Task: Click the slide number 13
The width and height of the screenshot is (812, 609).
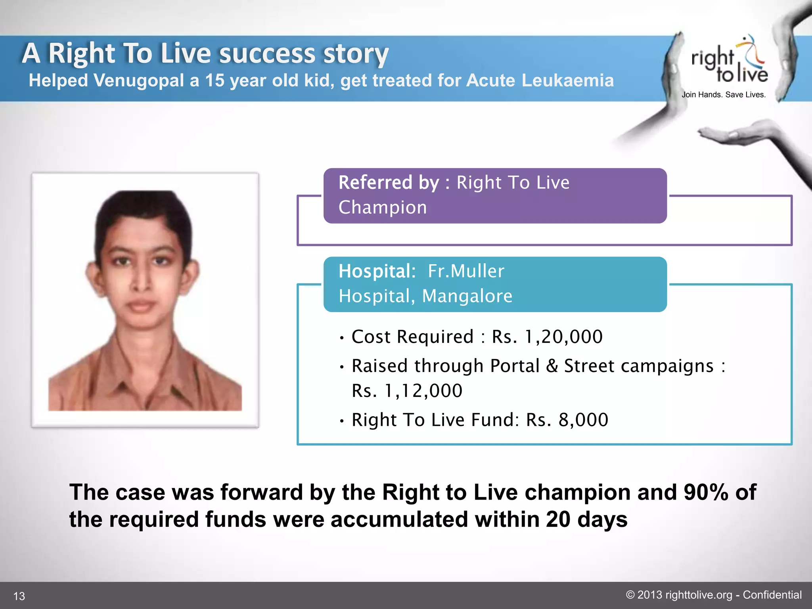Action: tap(19, 596)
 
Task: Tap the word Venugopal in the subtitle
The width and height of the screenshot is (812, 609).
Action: tap(139, 80)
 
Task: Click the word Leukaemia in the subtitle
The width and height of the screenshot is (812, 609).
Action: tap(567, 80)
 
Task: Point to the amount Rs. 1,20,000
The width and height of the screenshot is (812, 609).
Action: tap(547, 337)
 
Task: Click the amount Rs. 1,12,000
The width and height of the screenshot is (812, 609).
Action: tap(407, 391)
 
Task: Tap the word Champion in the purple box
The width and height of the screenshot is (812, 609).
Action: tap(383, 207)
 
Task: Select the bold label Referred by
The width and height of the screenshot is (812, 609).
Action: tap(389, 183)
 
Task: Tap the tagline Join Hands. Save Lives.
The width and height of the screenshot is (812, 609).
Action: tap(724, 95)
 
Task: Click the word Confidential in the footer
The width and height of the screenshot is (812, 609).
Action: tap(772, 595)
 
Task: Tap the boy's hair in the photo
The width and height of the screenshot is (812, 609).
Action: tap(143, 210)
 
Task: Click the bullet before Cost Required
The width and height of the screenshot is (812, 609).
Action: tap(341, 338)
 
